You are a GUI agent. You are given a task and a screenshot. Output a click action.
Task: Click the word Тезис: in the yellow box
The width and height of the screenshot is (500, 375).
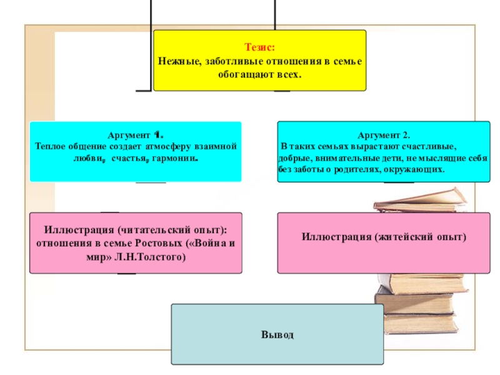[x=259, y=47]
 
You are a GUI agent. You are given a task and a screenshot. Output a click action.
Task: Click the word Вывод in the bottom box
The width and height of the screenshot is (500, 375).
[x=277, y=335]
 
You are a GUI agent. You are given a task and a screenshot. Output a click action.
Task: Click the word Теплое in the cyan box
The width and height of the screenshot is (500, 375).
[x=50, y=146]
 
